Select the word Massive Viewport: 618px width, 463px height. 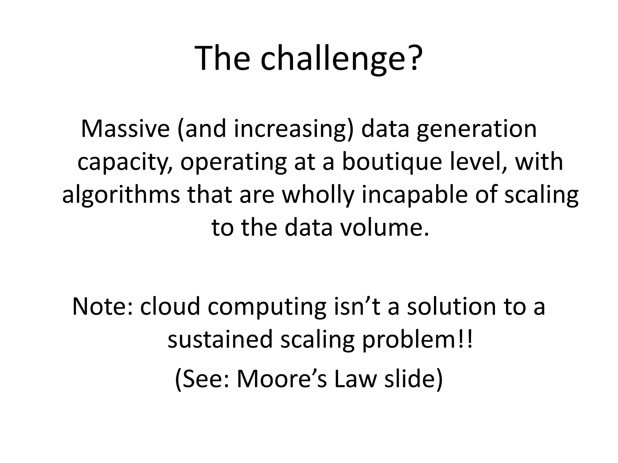pos(126,129)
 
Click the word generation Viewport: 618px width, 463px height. pos(476,129)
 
